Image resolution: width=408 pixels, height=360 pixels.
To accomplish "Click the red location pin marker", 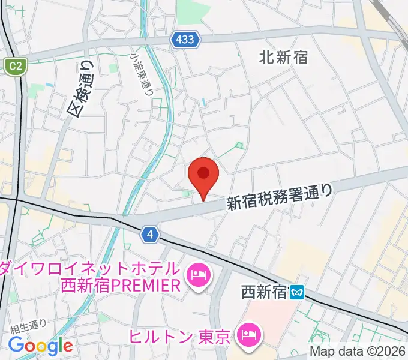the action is pos(203,175).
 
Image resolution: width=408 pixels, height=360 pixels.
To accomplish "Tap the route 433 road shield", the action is pos(185,40).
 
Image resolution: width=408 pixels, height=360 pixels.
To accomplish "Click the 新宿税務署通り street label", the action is pos(279,196).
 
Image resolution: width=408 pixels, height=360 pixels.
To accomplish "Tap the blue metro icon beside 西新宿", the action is pos(297,293).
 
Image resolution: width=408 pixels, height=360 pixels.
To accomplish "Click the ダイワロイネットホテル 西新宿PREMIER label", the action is pos(90,276).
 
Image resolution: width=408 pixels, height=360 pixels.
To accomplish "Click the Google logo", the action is pos(40,346).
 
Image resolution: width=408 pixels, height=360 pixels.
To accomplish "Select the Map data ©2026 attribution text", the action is pos(358,352).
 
